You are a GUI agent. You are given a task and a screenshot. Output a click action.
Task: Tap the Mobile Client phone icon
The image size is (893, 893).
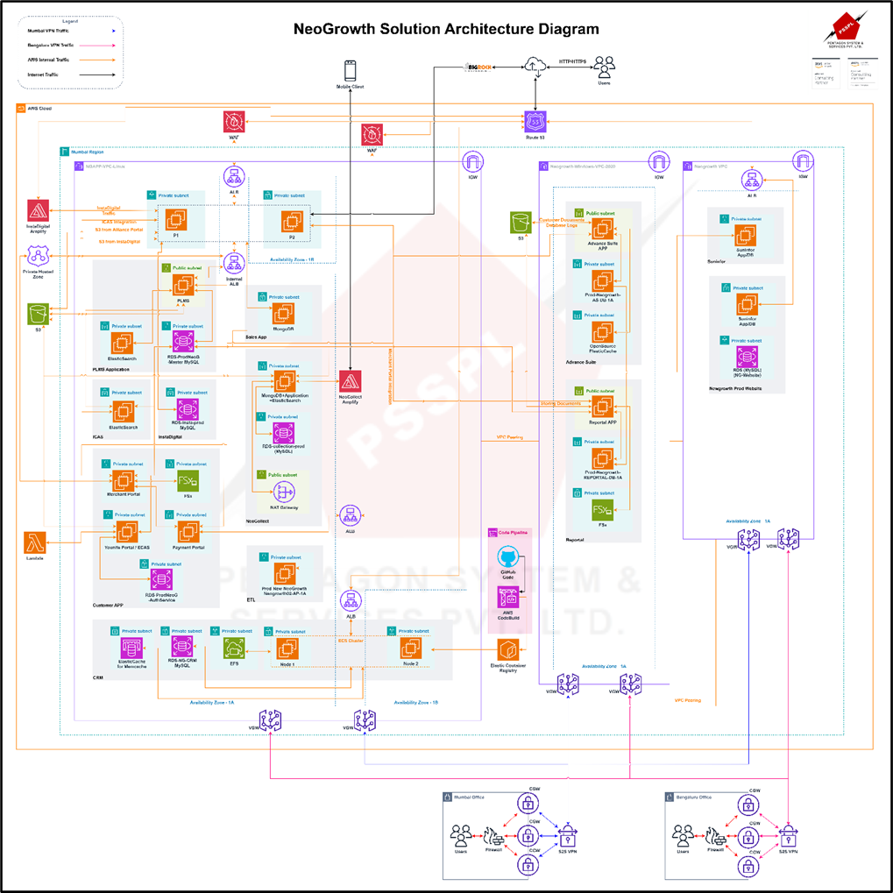(351, 71)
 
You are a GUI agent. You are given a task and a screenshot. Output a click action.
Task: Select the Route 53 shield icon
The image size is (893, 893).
(535, 122)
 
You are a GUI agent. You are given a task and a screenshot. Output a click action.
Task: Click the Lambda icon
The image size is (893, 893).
(36, 542)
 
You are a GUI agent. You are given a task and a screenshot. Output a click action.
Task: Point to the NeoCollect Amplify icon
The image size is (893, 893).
(351, 382)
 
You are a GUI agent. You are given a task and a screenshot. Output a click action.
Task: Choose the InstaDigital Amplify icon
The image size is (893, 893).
(38, 211)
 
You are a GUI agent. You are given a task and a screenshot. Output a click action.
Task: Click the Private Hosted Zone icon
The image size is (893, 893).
(38, 256)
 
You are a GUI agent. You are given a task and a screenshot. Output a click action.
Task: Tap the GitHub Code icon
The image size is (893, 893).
(507, 557)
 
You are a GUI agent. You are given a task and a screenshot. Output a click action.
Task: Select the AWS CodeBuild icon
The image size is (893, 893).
(507, 598)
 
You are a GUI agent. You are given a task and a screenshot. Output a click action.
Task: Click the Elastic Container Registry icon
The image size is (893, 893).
(508, 650)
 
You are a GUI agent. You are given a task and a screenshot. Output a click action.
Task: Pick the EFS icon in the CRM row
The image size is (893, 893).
(234, 648)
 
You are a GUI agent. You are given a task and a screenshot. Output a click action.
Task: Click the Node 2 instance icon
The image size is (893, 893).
(410, 648)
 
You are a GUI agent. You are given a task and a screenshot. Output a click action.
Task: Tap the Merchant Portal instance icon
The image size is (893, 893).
(123, 480)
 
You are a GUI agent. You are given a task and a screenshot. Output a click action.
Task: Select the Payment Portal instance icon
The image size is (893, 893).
(188, 531)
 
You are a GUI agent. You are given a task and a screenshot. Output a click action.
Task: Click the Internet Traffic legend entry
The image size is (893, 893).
(47, 75)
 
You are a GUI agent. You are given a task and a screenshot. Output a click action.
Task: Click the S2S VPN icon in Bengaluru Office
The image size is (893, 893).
(790, 834)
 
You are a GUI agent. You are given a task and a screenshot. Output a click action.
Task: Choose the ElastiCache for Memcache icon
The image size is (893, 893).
(131, 648)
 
